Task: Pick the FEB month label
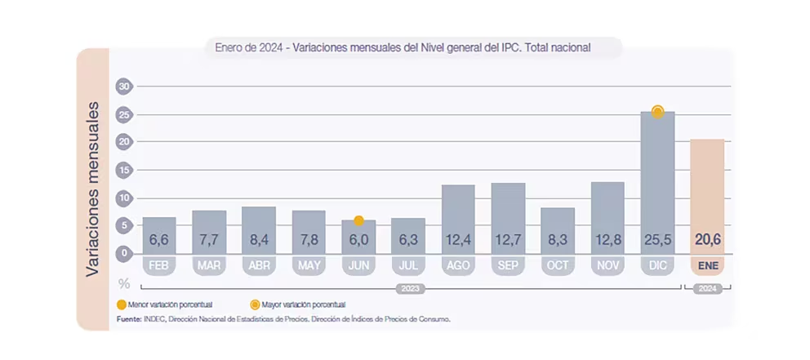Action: pyautogui.click(x=159, y=265)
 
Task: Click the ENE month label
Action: pyautogui.click(x=707, y=265)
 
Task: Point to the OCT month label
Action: pyautogui.click(x=558, y=265)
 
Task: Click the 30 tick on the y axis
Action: pyautogui.click(x=123, y=86)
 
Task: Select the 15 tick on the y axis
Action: pyautogui.click(x=123, y=170)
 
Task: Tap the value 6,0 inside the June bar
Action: pyautogui.click(x=358, y=240)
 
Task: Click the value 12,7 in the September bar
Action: pyautogui.click(x=508, y=240)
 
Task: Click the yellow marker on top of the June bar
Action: pyautogui.click(x=358, y=220)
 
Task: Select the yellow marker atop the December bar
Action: pyautogui.click(x=657, y=112)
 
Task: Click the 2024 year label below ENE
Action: pyautogui.click(x=707, y=288)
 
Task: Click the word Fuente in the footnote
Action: pyautogui.click(x=129, y=318)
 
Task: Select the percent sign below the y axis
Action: pyautogui.click(x=124, y=284)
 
